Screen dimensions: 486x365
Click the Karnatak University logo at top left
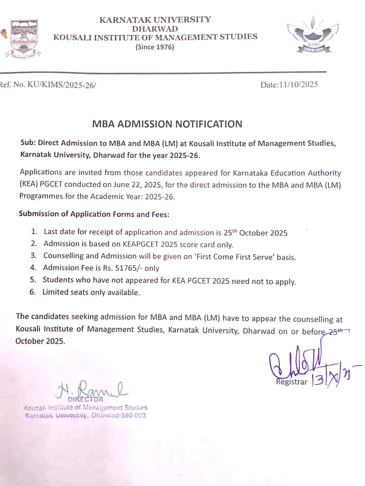point(24,38)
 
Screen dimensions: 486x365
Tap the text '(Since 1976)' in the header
point(154,47)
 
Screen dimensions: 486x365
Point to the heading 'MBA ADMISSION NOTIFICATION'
point(167,124)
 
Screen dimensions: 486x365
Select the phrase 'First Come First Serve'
point(219,256)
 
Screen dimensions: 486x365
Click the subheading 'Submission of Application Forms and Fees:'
point(94,214)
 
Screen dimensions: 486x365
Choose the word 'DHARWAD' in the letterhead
point(155,28)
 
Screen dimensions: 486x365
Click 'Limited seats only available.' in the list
point(91,293)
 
